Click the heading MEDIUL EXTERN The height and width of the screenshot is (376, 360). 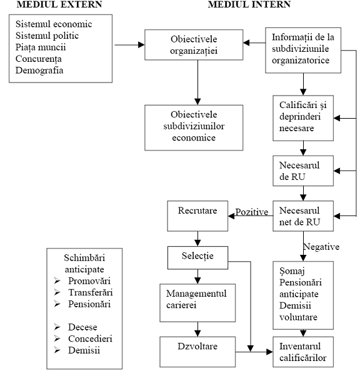point(59,4)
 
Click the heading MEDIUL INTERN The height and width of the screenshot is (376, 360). point(249,4)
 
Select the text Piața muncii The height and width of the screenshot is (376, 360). point(41,47)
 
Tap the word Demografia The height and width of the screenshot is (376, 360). point(39,71)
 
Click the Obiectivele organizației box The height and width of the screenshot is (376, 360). point(194,45)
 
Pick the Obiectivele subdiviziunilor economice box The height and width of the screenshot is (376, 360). point(194,127)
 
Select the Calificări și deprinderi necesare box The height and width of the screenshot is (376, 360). point(303,118)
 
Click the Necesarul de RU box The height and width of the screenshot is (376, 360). point(303,171)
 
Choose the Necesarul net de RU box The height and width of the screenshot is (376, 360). point(303,216)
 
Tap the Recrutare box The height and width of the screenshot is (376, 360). point(197,216)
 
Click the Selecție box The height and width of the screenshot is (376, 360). point(197,257)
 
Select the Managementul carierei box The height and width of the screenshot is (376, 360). point(197,303)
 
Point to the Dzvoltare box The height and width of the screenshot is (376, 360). point(197,352)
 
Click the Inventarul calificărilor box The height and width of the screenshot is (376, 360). point(303,352)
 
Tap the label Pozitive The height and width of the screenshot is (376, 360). point(252,212)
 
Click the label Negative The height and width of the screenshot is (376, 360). point(322,247)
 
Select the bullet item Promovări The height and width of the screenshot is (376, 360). point(82,281)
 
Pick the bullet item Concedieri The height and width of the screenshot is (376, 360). point(83,339)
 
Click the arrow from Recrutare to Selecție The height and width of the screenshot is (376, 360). point(197,239)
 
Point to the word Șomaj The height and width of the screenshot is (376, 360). point(292,271)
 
